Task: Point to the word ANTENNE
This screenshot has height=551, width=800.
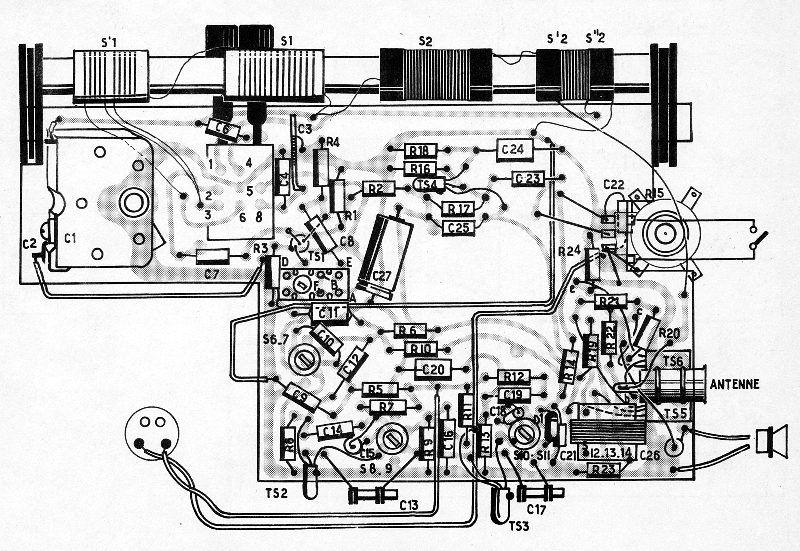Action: [734, 384]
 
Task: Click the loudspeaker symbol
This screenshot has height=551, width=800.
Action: [771, 442]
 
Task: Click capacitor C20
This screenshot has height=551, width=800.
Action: [433, 370]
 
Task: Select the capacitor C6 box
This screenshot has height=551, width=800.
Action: [223, 129]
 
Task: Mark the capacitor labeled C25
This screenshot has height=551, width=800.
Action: [458, 228]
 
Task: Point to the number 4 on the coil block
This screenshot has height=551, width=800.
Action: [249, 163]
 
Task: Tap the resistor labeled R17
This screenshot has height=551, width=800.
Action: [459, 209]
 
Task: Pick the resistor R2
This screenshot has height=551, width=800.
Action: [378, 189]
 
